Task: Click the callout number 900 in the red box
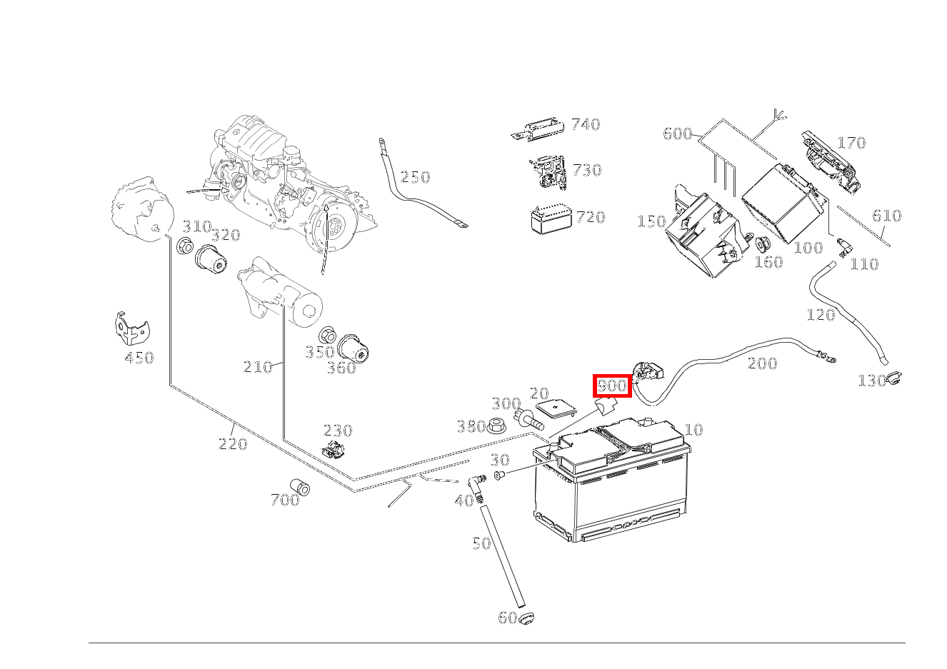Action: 612,386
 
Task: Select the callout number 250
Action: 415,177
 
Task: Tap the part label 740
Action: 585,125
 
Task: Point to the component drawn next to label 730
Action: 548,172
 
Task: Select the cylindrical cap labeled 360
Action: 353,349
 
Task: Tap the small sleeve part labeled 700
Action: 300,486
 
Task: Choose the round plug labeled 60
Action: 526,617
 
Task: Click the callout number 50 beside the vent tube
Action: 481,543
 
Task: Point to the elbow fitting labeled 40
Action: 475,487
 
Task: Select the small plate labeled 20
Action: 556,409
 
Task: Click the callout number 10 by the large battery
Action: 693,430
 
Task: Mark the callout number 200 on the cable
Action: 762,363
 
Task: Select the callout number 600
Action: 677,134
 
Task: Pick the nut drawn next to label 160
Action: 761,243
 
